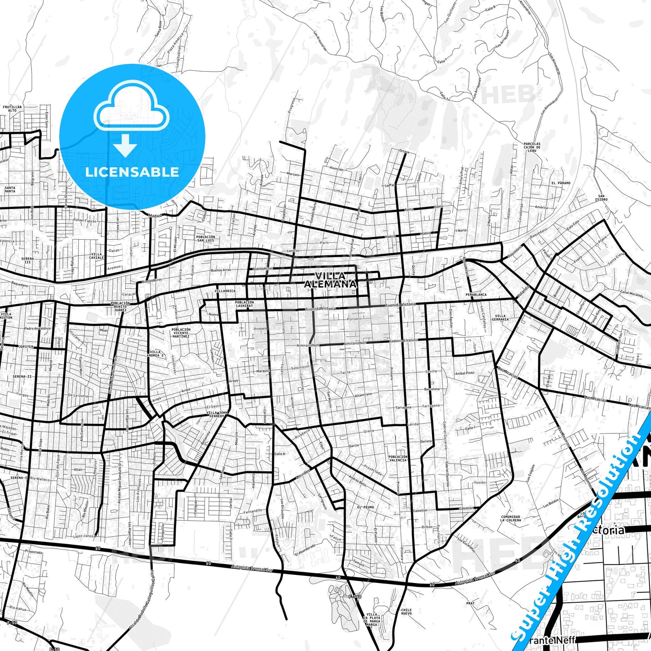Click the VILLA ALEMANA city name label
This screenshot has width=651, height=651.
[x=330, y=280]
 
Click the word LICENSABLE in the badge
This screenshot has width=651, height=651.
[x=132, y=172]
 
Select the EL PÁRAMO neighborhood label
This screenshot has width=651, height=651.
[x=560, y=183]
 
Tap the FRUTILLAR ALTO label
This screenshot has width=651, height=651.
[x=12, y=109]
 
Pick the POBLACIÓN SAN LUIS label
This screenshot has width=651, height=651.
[x=205, y=238]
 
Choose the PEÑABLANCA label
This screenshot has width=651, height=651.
[x=476, y=295]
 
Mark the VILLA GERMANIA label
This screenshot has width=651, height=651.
[x=500, y=318]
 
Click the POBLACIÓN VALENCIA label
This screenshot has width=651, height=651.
[x=398, y=458]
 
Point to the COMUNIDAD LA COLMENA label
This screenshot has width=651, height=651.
[x=510, y=518]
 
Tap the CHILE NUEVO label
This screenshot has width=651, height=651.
[x=406, y=612]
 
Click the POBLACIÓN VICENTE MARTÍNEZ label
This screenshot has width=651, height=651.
[x=181, y=332]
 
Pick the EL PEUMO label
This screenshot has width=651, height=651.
[x=365, y=507]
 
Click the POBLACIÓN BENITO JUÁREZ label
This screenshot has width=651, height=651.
[x=120, y=306]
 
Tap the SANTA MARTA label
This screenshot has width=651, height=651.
[x=10, y=189]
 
